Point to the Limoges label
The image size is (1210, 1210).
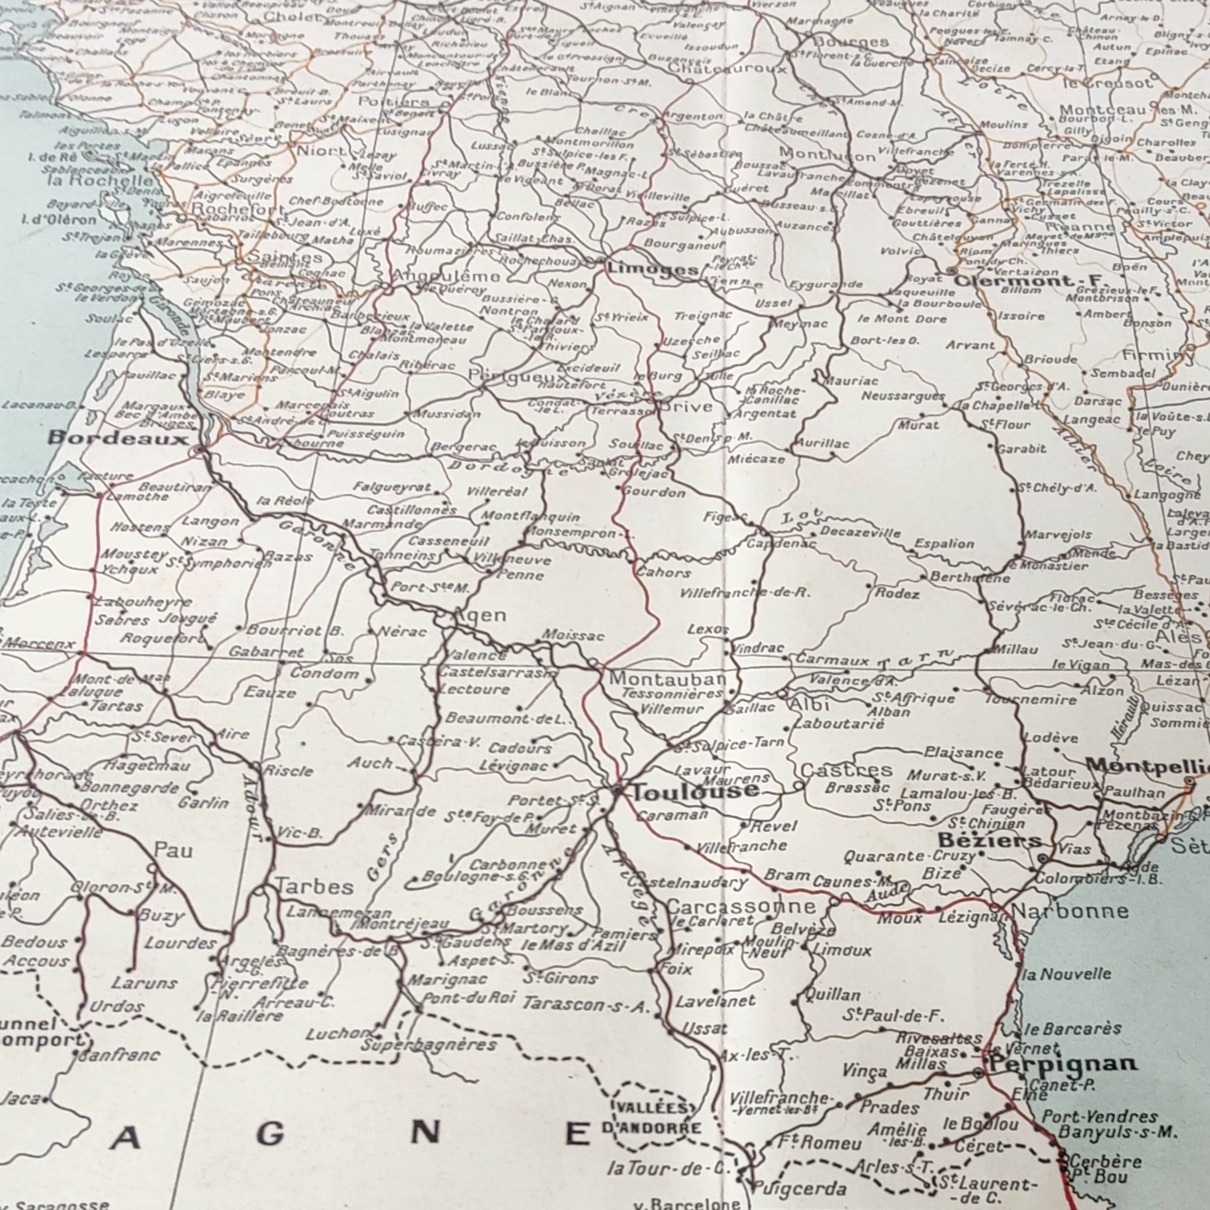click(x=652, y=269)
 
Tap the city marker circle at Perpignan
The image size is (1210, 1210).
click(x=978, y=1073)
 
